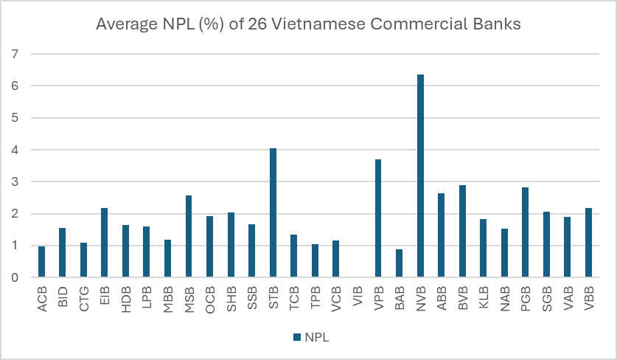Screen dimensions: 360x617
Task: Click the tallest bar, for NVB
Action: point(420,176)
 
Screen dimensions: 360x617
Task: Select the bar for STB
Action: point(273,213)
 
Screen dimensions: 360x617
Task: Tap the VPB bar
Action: point(378,218)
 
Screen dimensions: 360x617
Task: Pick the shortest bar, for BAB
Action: point(399,263)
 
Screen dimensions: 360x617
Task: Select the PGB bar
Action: point(526,232)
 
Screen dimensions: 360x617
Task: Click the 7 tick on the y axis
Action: point(13,54)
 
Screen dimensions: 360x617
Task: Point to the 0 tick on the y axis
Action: point(13,278)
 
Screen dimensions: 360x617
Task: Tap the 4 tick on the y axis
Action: point(13,150)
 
